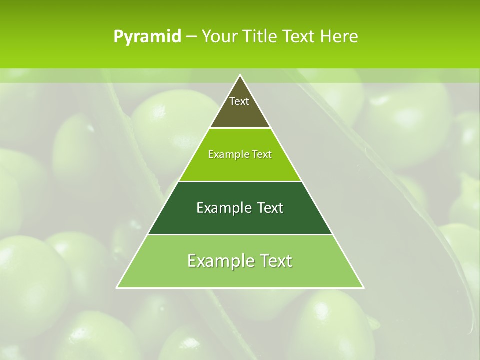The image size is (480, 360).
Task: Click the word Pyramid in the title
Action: coord(147,37)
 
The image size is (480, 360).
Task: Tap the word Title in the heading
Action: coord(263,37)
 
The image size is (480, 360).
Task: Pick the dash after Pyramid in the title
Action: coord(191,37)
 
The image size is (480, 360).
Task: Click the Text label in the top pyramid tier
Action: coord(239,101)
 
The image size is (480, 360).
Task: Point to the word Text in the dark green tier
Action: coord(270,208)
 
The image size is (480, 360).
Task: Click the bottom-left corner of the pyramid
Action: coord(117,288)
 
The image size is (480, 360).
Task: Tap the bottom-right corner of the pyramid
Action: coord(363,288)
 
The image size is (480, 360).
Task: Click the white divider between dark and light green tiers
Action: coord(240,234)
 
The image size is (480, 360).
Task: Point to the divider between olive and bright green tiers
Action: coord(240,128)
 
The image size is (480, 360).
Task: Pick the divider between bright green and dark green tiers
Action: coord(240,181)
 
